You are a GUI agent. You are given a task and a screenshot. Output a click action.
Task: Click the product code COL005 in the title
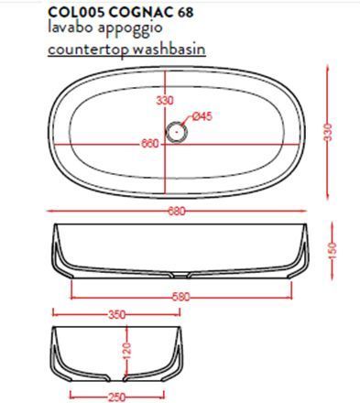tap(77, 13)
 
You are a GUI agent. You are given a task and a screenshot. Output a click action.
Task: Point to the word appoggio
tap(130, 29)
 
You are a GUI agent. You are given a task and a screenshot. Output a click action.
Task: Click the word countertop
tap(88, 49)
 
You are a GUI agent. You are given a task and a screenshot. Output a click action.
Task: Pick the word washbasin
tap(169, 49)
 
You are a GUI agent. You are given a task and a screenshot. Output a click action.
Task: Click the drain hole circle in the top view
tap(177, 131)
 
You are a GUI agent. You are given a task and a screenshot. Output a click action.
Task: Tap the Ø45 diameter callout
tap(202, 116)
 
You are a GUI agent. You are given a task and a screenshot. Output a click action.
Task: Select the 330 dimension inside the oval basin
tap(165, 100)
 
